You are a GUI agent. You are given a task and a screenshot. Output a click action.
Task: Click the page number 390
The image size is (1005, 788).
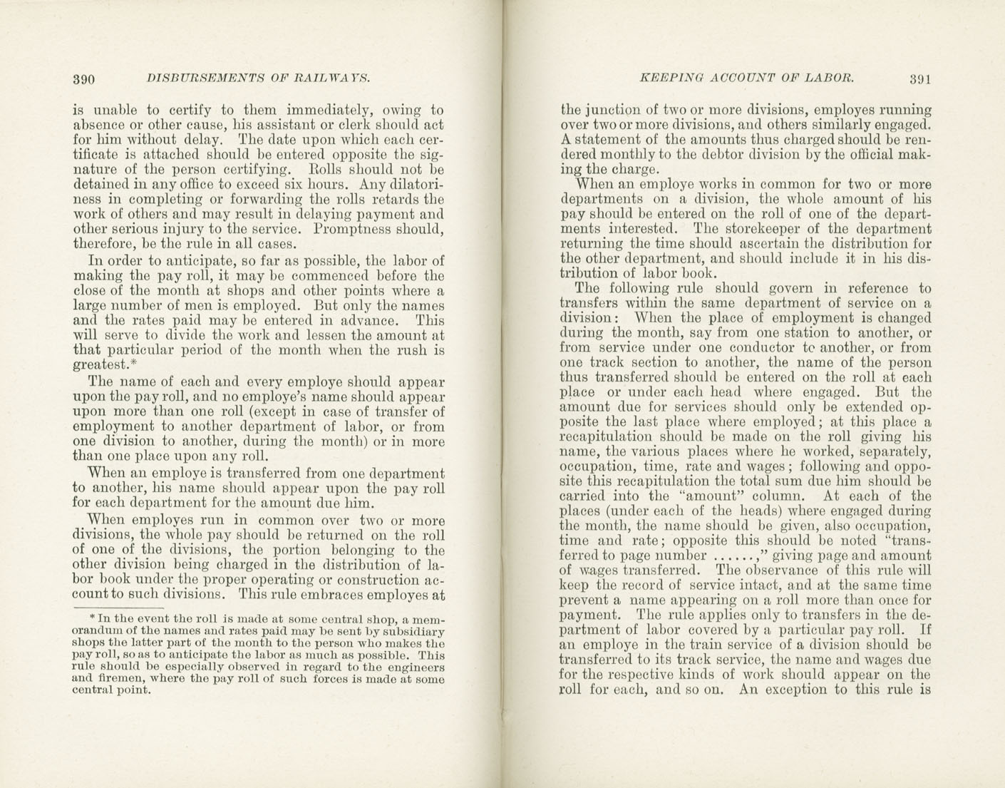coord(85,78)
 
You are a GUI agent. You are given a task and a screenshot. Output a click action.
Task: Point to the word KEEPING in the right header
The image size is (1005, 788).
coord(670,78)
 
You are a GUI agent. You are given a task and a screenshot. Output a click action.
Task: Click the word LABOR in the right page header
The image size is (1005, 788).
coord(828,78)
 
